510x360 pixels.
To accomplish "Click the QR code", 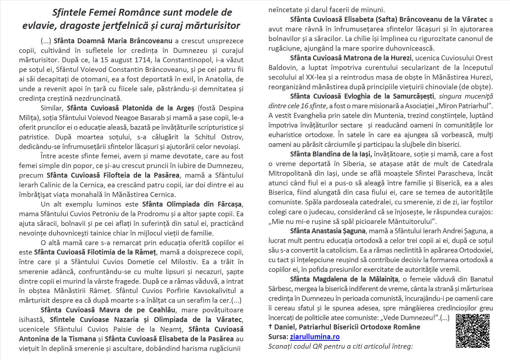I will click(x=473, y=331).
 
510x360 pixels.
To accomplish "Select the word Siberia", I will click(x=354, y=164).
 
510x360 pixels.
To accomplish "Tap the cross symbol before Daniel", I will click(x=270, y=327).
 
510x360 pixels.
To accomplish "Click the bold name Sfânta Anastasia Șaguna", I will click(x=328, y=231).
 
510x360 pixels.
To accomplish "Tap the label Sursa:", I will click(x=278, y=337).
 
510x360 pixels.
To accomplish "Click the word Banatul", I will click(x=481, y=279).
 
